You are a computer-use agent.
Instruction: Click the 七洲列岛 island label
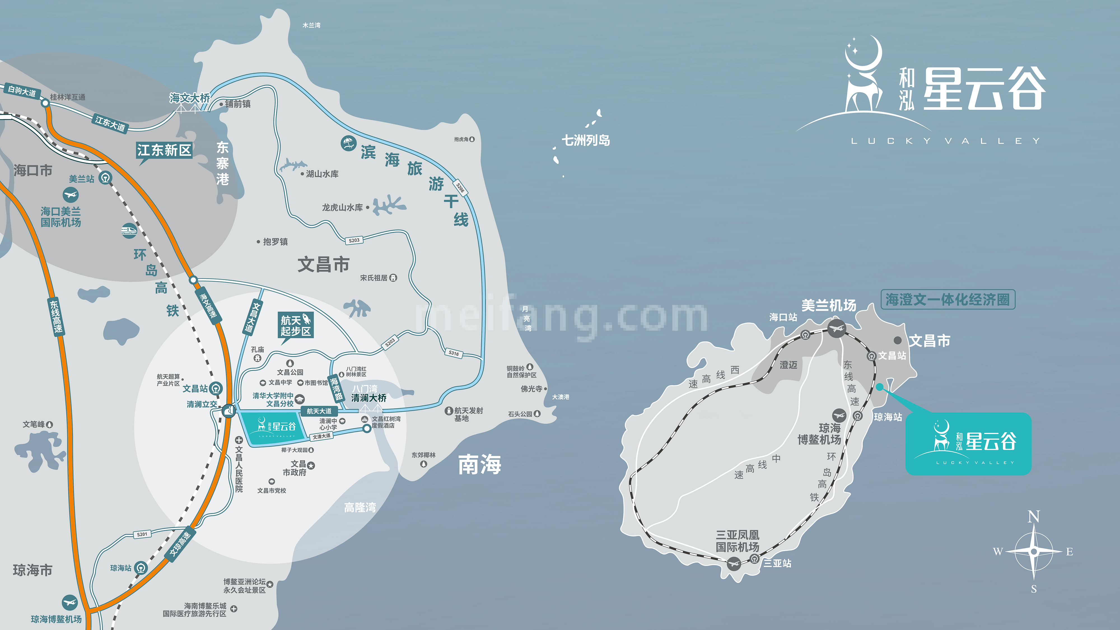click(x=586, y=141)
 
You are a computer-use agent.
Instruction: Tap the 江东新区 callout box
click(x=164, y=150)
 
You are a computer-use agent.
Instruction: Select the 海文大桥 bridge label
click(x=190, y=98)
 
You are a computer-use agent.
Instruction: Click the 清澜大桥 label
click(x=369, y=398)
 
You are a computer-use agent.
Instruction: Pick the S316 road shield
click(x=454, y=353)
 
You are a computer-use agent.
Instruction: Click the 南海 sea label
click(x=480, y=464)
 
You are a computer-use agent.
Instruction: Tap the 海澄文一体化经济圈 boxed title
click(x=948, y=300)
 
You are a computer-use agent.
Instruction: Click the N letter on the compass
click(x=1033, y=517)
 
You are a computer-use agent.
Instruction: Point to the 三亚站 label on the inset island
click(x=777, y=563)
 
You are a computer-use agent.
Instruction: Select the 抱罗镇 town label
click(x=275, y=242)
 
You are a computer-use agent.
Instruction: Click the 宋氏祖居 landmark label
click(x=374, y=278)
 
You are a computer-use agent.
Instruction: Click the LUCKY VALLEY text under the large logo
click(x=945, y=141)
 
